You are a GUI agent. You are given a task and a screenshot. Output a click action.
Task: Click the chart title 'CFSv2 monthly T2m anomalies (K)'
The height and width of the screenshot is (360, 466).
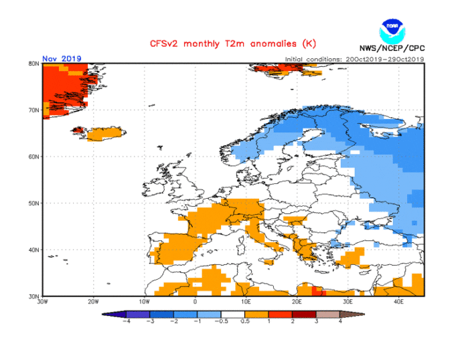click(232, 44)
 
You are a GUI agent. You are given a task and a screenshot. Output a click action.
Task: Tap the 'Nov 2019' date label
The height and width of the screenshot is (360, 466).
click(62, 58)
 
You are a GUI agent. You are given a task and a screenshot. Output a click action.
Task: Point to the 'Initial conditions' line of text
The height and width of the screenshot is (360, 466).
click(354, 59)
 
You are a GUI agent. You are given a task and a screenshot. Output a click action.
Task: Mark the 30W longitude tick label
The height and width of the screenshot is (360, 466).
click(43, 301)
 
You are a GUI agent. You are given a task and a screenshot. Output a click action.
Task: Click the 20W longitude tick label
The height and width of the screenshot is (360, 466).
click(93, 301)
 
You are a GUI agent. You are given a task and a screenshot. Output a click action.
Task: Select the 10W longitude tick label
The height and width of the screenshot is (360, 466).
click(144, 301)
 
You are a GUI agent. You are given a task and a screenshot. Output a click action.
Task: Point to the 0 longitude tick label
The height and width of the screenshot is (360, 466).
click(195, 301)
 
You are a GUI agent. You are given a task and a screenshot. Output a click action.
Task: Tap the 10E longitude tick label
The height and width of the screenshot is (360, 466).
click(246, 301)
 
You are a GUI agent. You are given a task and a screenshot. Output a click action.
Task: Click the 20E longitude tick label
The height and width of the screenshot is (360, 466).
click(297, 301)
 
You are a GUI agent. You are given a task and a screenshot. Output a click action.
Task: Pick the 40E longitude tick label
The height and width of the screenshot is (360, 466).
click(398, 301)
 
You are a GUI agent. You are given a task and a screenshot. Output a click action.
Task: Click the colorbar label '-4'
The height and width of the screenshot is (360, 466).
click(127, 321)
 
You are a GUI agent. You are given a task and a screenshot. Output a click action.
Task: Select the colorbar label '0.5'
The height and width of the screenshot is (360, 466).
click(246, 321)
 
